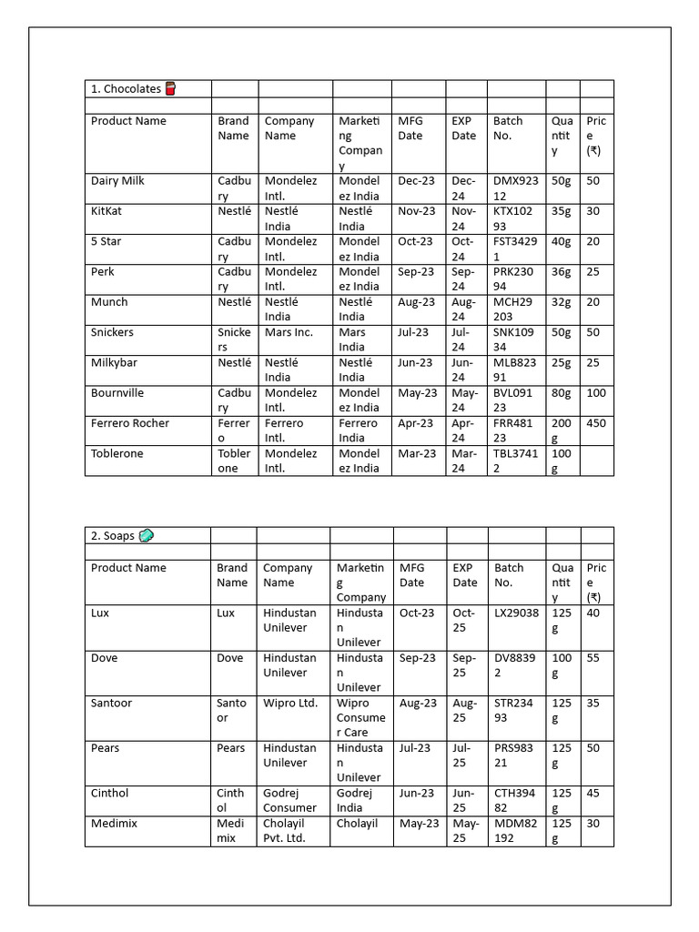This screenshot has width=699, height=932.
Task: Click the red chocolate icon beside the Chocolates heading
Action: point(170,88)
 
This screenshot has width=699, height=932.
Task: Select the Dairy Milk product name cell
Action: point(117,181)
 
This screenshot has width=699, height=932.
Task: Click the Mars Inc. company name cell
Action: point(289,332)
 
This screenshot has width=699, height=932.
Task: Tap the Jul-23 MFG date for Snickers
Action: point(413,332)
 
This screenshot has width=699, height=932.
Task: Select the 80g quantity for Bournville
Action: point(562,393)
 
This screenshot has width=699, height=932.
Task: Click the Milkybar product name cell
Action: point(116,362)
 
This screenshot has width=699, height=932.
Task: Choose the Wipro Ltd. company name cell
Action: point(290,703)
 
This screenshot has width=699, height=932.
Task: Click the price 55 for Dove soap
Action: point(593,658)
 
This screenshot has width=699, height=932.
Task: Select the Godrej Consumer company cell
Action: point(290,800)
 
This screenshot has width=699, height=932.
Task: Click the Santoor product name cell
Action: point(114,703)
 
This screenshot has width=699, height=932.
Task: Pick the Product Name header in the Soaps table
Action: point(128,568)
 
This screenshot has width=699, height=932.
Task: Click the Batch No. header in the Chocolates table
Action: point(508,128)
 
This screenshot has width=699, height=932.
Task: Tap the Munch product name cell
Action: point(109,302)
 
